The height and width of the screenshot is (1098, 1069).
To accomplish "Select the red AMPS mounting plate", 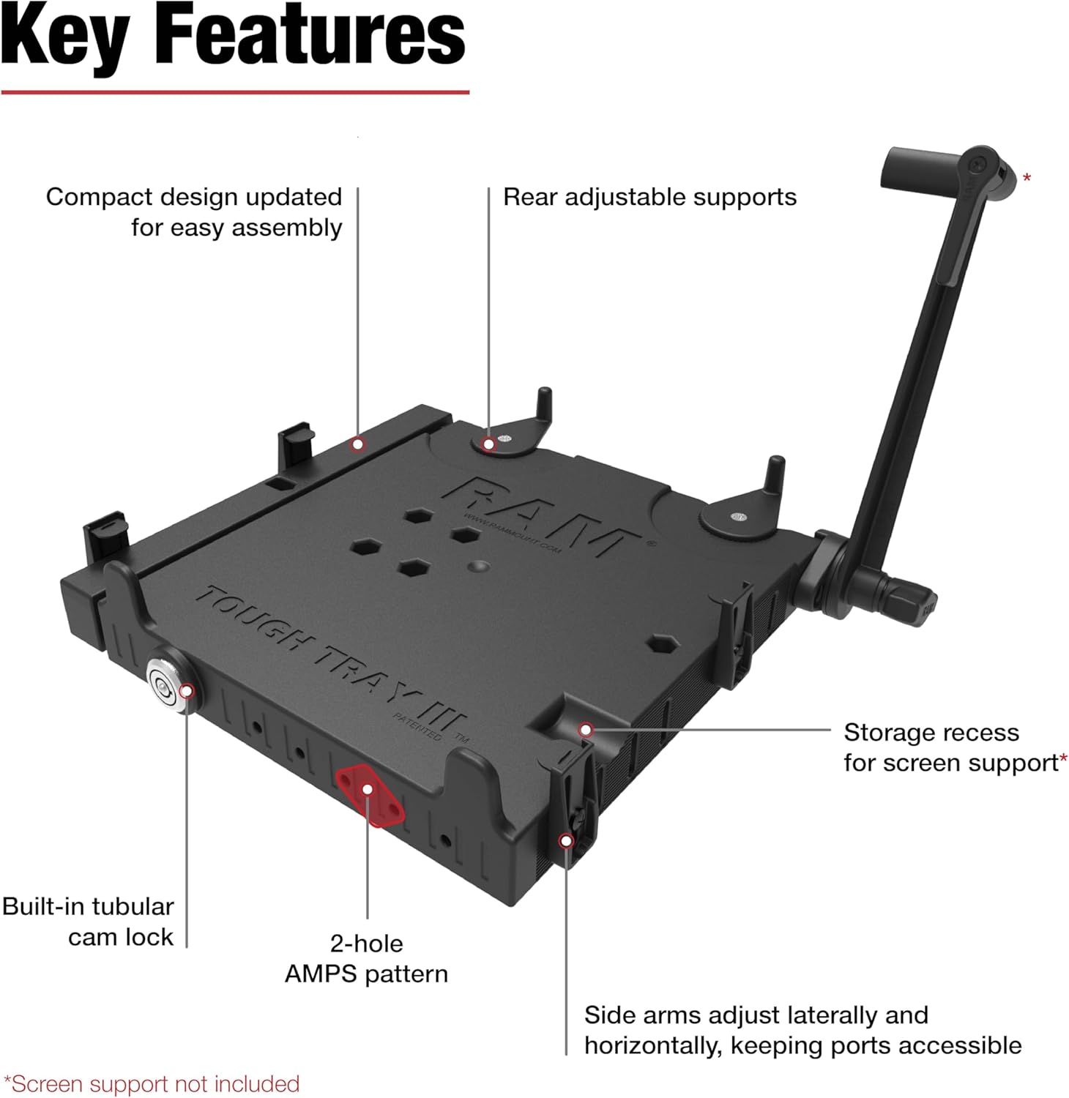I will tap(370, 796).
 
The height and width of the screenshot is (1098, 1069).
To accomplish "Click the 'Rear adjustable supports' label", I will tap(649, 197).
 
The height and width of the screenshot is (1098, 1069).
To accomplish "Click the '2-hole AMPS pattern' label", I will tap(366, 958).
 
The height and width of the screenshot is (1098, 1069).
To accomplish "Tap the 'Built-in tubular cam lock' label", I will tap(88, 922).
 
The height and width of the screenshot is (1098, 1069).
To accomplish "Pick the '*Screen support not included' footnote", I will tap(152, 1084).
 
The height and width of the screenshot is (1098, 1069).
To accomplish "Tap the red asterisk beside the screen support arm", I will tap(1027, 178).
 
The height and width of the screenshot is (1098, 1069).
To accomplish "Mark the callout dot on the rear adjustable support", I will tap(488, 444).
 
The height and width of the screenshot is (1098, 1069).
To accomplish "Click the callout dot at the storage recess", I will tap(585, 730).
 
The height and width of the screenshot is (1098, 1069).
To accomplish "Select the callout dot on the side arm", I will tap(565, 841).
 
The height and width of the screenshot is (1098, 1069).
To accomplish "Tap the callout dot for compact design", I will tap(357, 444).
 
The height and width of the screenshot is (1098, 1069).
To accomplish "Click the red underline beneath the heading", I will tap(234, 92).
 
